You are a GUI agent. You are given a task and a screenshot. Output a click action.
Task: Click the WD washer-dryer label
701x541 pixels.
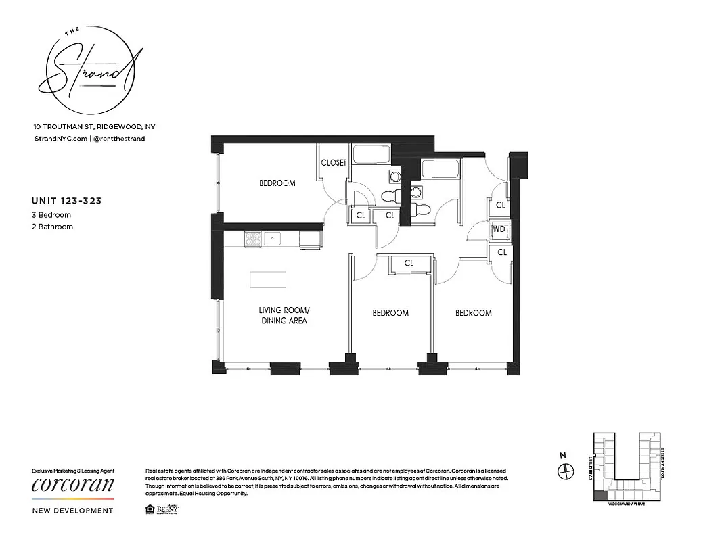pyautogui.click(x=499, y=229)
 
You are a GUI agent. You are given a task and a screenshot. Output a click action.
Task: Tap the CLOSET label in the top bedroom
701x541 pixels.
pyautogui.click(x=334, y=163)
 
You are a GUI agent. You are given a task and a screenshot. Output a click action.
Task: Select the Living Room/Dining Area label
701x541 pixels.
pyautogui.click(x=284, y=315)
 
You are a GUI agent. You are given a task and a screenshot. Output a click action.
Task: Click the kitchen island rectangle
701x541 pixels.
pyautogui.click(x=268, y=279)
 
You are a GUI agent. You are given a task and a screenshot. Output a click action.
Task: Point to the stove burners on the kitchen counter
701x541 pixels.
pyautogui.click(x=252, y=238)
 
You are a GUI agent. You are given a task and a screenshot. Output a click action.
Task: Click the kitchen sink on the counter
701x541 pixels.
pyautogui.click(x=273, y=237)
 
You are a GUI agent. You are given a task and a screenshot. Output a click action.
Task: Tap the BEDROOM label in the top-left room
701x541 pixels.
pyautogui.click(x=277, y=183)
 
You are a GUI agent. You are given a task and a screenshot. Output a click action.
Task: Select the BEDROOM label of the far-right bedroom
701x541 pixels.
pyautogui.click(x=473, y=313)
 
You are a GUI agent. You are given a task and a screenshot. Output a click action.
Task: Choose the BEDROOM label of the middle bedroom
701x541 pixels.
pyautogui.click(x=390, y=313)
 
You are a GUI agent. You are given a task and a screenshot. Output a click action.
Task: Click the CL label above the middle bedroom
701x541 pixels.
pyautogui.click(x=409, y=264)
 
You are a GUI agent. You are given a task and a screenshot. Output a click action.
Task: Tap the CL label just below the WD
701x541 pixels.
pyautogui.click(x=501, y=252)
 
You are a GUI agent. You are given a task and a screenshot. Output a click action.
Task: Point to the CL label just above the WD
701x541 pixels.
pyautogui.click(x=500, y=205)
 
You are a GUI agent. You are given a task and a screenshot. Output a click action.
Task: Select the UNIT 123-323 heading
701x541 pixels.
pyautogui.click(x=67, y=201)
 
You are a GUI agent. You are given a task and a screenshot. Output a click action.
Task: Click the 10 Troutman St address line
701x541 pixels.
pyautogui.click(x=94, y=127)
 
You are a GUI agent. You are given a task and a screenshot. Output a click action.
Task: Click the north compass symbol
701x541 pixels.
pyautogui.click(x=566, y=471)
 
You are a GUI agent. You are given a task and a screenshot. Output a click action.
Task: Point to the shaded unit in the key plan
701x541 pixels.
pyautogui.click(x=600, y=496)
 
